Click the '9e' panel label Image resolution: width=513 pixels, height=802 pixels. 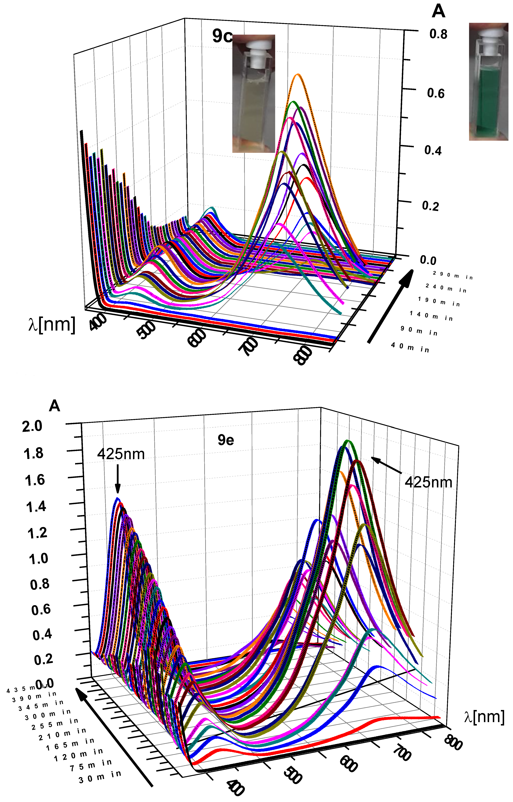[226, 440]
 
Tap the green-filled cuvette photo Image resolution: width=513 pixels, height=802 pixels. [488, 82]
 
